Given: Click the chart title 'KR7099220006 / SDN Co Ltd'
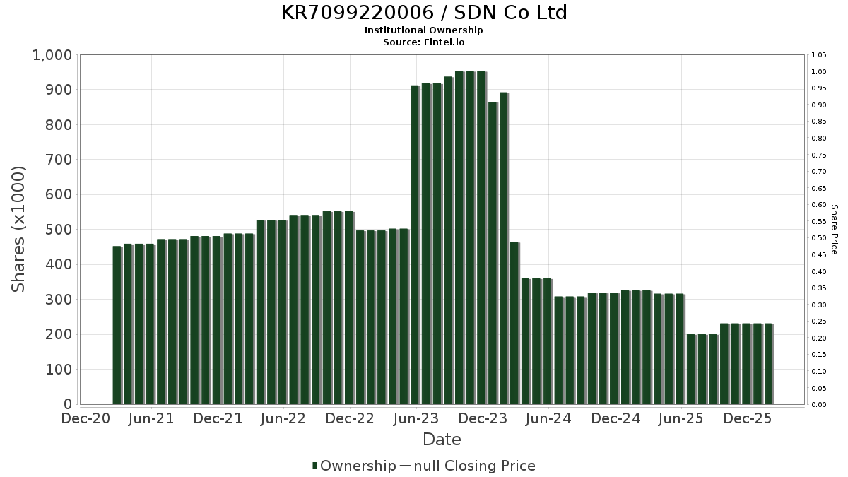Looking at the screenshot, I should (424, 13).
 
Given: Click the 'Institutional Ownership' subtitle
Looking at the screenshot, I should (424, 30).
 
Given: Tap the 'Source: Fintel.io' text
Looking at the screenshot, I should (424, 42).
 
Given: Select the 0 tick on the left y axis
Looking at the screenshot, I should (68, 404).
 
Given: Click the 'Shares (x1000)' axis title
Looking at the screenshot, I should (18, 229).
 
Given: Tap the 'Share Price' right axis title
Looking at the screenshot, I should (834, 229).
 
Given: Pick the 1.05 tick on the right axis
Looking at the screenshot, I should (819, 55).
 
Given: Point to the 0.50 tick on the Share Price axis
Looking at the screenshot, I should (819, 238).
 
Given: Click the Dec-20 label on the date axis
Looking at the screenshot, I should (86, 419).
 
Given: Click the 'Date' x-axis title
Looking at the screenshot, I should (442, 440).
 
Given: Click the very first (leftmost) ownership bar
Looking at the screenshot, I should (117, 325).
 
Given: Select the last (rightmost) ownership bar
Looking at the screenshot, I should (767, 364).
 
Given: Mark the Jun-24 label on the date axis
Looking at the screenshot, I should (549, 419).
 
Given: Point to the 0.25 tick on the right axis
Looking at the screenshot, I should (819, 322).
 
